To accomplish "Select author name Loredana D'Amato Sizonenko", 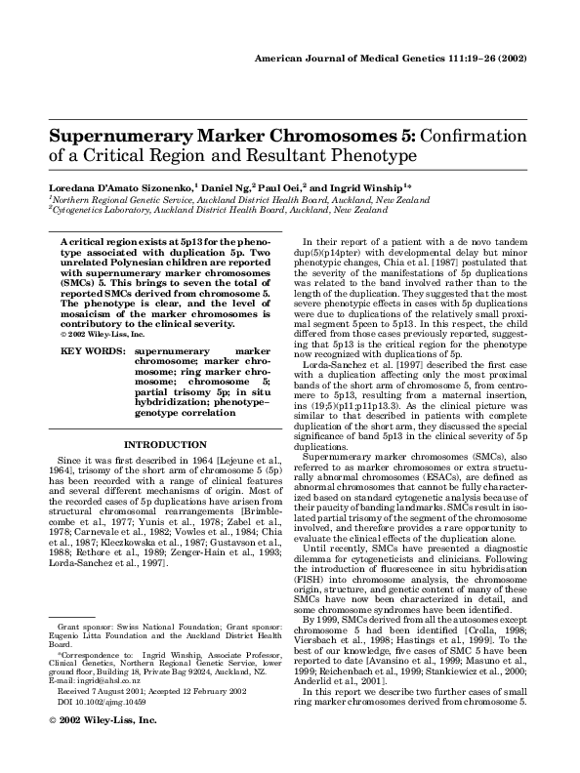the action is coord(119,185).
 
